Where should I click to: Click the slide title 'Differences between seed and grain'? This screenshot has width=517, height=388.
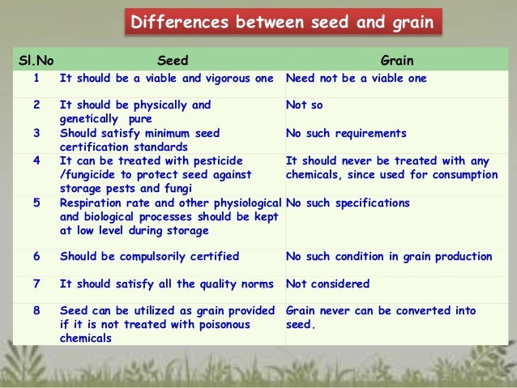[284, 21]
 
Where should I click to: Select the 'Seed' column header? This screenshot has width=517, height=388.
[171, 60]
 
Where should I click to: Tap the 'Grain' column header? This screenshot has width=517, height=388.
[397, 60]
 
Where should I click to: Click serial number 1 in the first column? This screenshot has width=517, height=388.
[36, 79]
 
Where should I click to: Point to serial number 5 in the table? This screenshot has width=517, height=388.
[36, 203]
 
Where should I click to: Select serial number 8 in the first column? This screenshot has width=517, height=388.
[36, 311]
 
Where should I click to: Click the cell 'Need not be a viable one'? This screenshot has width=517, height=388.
[356, 79]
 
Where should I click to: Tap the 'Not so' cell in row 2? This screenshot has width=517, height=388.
[303, 105]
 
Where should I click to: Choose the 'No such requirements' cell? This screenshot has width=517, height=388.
[346, 133]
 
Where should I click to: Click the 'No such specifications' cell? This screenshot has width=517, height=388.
[348, 203]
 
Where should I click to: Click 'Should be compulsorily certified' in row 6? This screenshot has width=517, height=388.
[149, 257]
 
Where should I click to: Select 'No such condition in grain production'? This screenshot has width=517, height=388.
[389, 257]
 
